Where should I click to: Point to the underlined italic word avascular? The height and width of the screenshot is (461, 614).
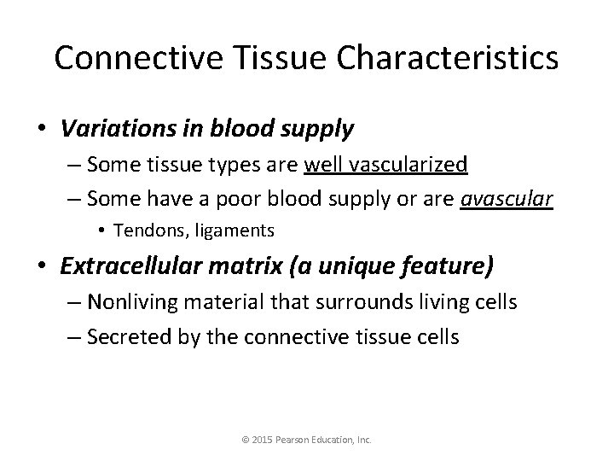point(507,199)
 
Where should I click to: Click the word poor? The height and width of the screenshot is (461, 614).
point(229,199)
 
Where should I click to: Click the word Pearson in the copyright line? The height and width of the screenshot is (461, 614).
point(297,441)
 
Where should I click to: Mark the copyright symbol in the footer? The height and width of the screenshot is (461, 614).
point(246,441)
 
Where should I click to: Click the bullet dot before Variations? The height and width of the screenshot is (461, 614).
point(42,130)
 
